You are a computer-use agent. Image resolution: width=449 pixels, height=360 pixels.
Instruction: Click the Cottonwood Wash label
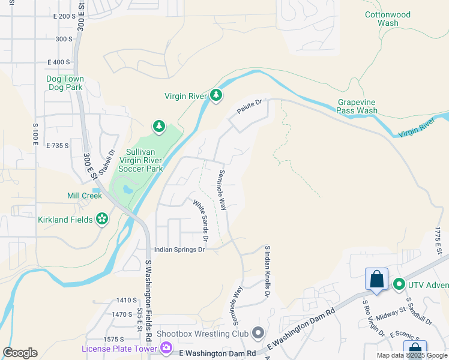pos(388,19)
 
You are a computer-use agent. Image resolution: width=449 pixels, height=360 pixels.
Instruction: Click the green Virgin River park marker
pos(216,95)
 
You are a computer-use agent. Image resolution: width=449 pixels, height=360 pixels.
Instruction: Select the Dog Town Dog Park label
pos(65,83)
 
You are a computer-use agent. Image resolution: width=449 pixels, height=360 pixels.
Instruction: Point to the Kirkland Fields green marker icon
pos(101,220)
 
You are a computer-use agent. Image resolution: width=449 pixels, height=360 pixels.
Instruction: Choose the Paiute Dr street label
pos(250,108)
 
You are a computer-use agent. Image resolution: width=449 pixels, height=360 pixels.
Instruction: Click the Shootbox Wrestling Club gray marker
pos(258,332)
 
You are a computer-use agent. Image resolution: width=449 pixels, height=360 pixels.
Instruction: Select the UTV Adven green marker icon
pos(398,284)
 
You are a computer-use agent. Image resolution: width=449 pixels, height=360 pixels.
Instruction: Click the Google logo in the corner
pos(20,353)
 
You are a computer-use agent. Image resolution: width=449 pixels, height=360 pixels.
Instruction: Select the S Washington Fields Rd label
pos(147,290)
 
